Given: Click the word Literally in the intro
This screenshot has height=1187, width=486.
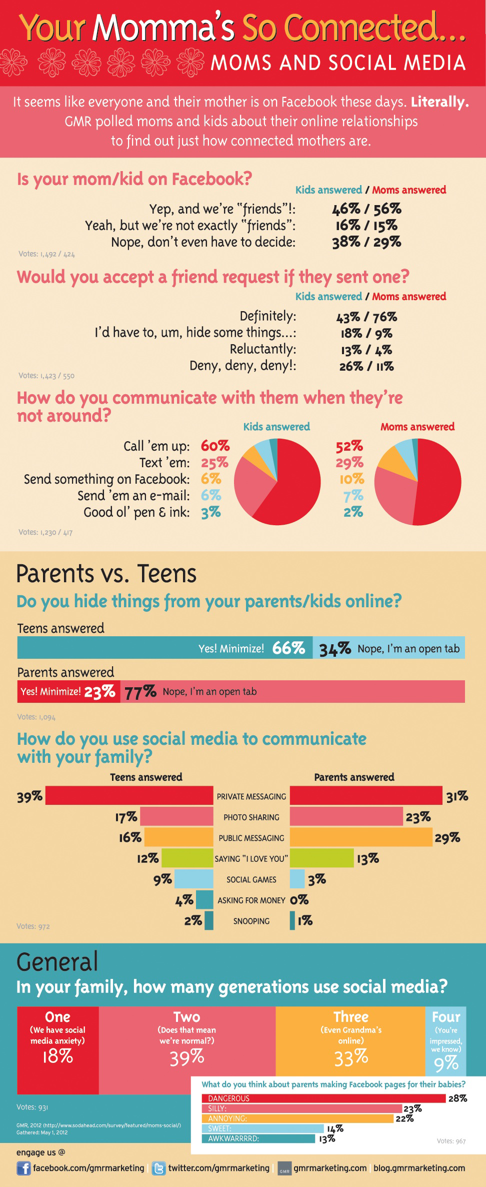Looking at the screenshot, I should (x=439, y=102).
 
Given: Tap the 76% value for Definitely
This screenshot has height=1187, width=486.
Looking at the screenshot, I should (x=385, y=317).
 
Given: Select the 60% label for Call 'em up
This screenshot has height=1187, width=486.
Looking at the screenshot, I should (x=215, y=446).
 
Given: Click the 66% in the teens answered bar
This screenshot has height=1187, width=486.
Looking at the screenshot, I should (x=288, y=648).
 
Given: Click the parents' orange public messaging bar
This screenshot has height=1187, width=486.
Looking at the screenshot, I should (x=360, y=837).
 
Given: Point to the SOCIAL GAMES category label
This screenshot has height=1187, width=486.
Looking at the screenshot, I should (x=251, y=879).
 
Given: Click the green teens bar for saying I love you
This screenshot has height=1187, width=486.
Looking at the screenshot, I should (x=187, y=858).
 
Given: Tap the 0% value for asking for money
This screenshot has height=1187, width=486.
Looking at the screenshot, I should (x=299, y=900).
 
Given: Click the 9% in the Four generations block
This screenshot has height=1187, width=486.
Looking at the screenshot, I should (x=446, y=1063).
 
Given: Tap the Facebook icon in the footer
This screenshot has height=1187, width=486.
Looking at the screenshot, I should (x=23, y=1168).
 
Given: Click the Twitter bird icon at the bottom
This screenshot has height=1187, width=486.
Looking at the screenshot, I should (x=158, y=1168).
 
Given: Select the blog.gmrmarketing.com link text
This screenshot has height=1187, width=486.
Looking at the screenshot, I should (x=419, y=1168).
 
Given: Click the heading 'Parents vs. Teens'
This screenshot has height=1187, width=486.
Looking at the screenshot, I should (x=106, y=574).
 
